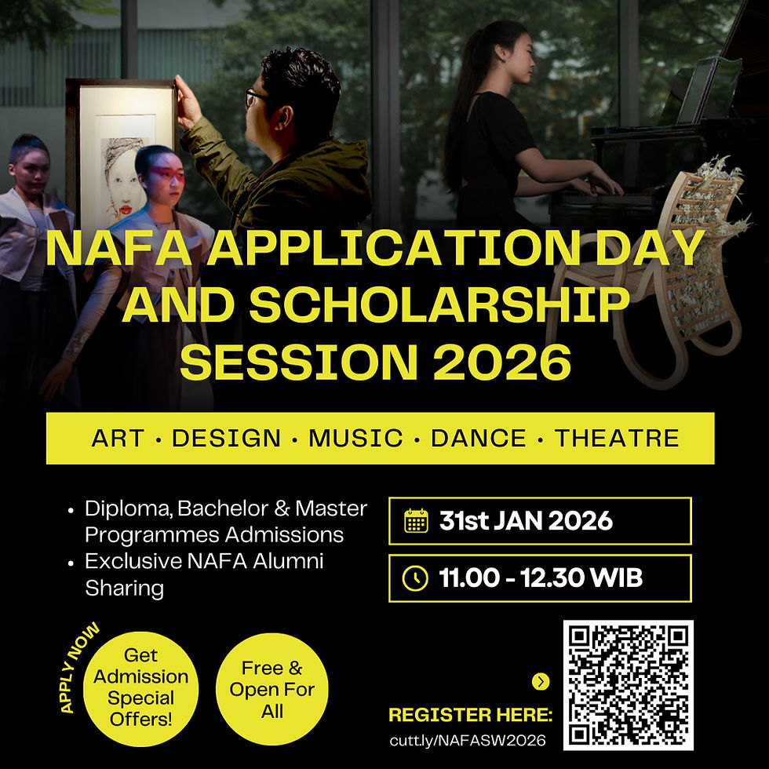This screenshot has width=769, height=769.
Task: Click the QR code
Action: click(x=628, y=685)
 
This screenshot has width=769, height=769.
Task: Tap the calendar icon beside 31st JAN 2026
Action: click(x=416, y=521)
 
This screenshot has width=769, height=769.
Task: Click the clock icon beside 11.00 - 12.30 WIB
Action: click(x=415, y=579)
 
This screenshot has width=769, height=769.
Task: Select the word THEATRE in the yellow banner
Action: click(x=617, y=438)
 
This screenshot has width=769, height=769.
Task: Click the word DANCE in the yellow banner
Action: click(x=479, y=438)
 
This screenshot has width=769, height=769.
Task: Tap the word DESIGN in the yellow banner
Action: click(x=226, y=438)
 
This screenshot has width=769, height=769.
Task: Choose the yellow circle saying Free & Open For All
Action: click(x=272, y=690)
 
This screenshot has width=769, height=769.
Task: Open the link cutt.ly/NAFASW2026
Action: click(x=468, y=739)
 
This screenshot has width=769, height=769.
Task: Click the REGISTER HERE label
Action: click(x=471, y=715)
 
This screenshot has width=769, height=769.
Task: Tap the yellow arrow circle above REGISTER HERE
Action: click(x=541, y=682)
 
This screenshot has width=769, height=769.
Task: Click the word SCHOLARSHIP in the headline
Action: click(x=440, y=304)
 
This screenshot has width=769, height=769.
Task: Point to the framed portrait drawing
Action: click(x=122, y=157)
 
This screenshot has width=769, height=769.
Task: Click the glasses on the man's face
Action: click(x=257, y=97)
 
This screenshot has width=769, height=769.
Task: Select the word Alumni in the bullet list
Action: click(x=287, y=561)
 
